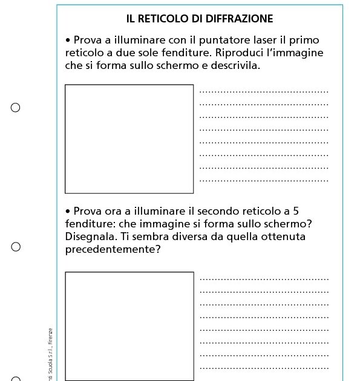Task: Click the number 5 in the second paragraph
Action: [x=295, y=211]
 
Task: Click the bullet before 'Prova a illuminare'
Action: [x=68, y=40]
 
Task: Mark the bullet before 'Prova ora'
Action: [x=68, y=211]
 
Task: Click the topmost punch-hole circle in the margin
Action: [x=16, y=108]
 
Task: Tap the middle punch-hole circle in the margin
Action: [x=16, y=247]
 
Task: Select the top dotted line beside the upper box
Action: [x=264, y=93]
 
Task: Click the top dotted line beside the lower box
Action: [x=264, y=279]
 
